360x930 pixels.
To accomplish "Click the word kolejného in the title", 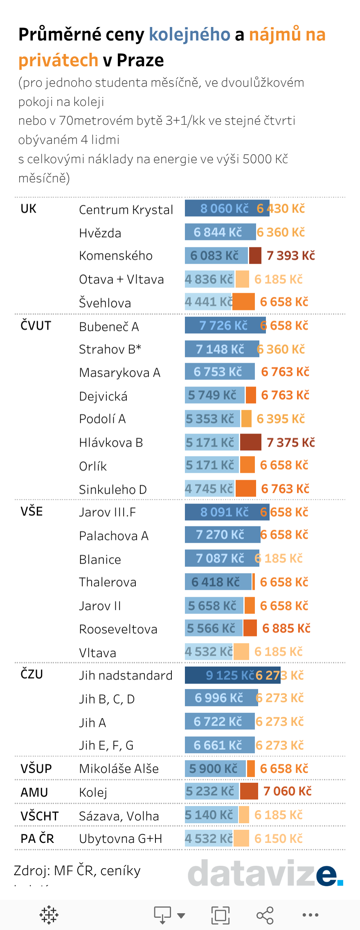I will point(189,35).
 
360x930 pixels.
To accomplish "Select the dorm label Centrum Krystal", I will point(126,210).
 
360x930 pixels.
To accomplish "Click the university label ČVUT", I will point(36,326).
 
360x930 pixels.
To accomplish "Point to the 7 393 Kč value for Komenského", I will point(290,256).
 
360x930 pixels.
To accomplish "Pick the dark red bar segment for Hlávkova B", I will point(250,442).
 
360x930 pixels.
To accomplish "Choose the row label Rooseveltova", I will point(118,629).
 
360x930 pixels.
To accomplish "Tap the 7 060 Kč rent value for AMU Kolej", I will point(287,791).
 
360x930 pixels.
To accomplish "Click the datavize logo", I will point(265,873).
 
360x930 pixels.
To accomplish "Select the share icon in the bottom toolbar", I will point(265,915).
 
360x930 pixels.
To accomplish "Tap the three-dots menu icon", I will point(310,915).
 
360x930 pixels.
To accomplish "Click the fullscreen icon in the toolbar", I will point(220,915).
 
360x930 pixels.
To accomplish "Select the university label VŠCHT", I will point(40,816).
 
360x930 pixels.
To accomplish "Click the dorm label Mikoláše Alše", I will point(119,769).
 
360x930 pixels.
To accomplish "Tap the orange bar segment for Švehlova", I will point(244,302).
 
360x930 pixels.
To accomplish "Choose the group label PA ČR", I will point(37,839).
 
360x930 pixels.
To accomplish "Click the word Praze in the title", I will point(140,61).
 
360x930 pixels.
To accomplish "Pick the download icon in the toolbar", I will point(163,915).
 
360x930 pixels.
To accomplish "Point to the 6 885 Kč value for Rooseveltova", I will point(286,628).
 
